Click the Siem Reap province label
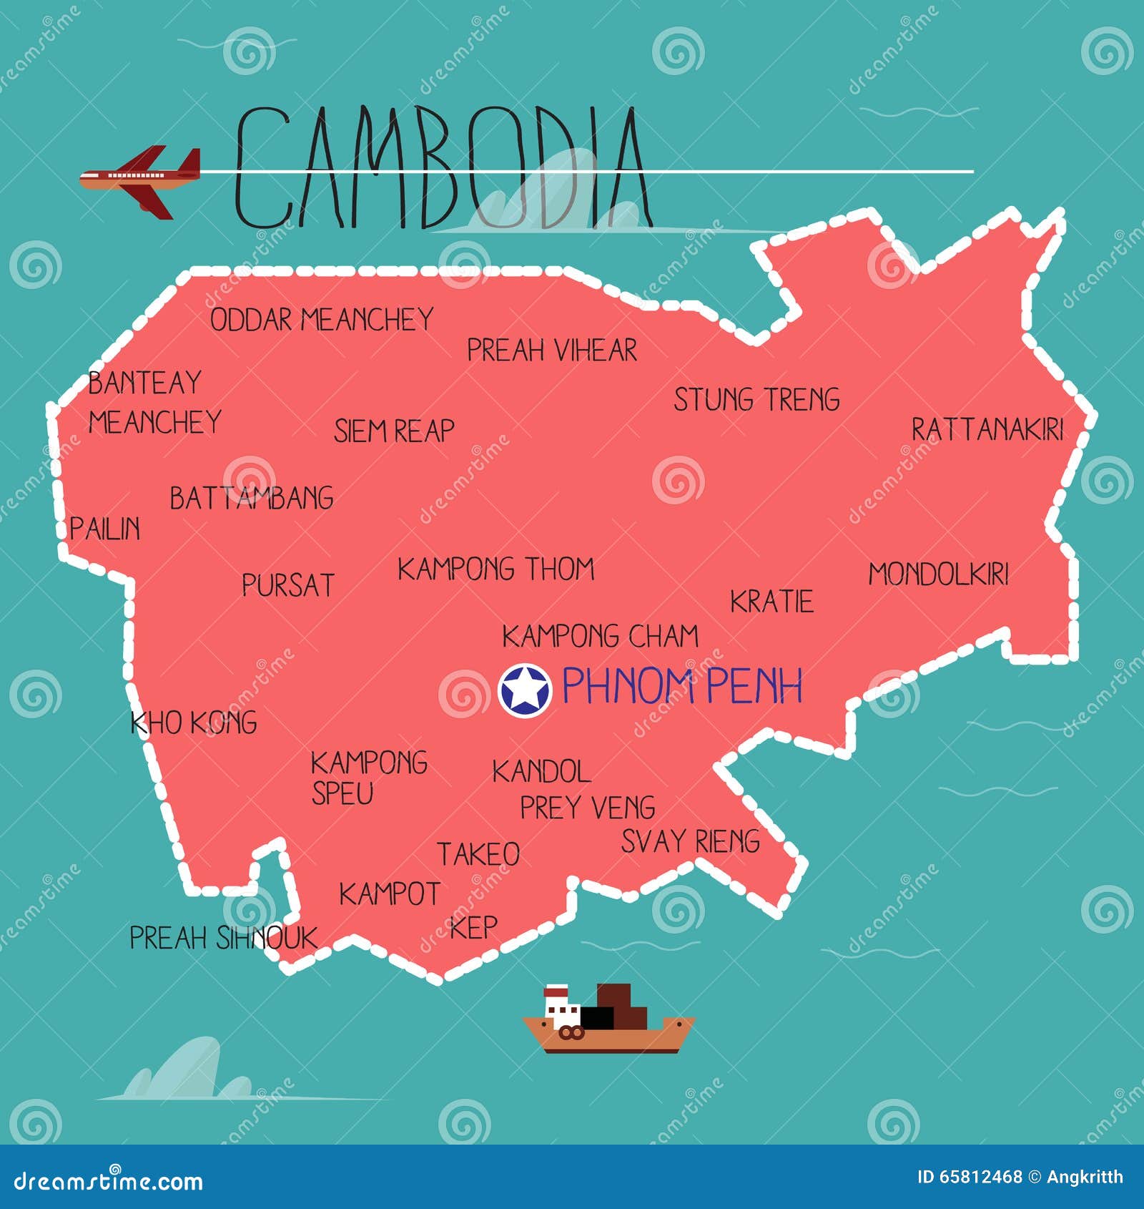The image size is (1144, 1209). coord(394,431)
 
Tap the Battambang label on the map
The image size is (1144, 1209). coord(252,499)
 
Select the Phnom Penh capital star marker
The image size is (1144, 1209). coord(525,690)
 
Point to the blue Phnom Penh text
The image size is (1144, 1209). coord(682,686)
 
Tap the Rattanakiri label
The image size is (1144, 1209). coord(987,429)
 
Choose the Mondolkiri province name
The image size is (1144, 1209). coord(938,574)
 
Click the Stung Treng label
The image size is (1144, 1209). coord(756,400)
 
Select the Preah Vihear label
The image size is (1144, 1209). coord(551,351)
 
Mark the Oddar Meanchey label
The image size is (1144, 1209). coord(322,320)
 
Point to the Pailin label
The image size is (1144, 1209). coord(105,529)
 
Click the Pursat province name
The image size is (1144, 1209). coord(288,585)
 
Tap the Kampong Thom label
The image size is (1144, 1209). coord(496,569)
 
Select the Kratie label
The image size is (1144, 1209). coord(771,602)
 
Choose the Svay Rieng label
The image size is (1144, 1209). coord(690,841)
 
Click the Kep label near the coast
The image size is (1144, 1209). coord(473,927)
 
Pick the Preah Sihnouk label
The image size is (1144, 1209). coord(223,938)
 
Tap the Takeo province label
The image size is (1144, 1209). coord(478,854)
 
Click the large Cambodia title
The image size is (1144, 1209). coord(443,169)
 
